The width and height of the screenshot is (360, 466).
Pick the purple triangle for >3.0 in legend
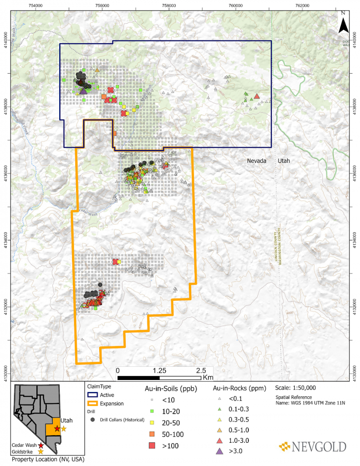click(x=220, y=451)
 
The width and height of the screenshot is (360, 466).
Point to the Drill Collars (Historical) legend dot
click(x=93, y=419)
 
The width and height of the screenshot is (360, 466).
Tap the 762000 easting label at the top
click(x=302, y=5)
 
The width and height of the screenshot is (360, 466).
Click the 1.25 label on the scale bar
click(x=159, y=370)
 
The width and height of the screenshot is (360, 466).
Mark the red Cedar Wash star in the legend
click(x=41, y=445)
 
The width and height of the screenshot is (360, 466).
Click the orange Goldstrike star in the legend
click(x=41, y=452)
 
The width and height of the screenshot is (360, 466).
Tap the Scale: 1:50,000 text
click(x=295, y=388)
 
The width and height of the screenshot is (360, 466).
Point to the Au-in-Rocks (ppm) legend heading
click(x=239, y=389)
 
